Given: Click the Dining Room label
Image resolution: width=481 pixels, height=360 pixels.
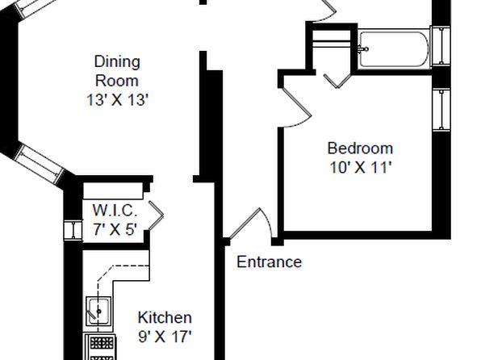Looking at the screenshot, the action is (x=117, y=71).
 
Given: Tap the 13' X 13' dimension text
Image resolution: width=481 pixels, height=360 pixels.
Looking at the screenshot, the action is (x=118, y=100).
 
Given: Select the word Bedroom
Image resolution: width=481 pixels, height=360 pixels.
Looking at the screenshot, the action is (x=360, y=149).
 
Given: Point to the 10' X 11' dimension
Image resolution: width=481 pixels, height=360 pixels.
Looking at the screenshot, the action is (x=361, y=167).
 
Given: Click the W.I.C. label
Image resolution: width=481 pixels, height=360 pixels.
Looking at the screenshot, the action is (x=115, y=210).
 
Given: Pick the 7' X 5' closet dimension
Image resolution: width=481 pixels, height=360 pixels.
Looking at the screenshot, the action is (x=115, y=229).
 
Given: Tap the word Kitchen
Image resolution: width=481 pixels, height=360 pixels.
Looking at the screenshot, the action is (x=165, y=317).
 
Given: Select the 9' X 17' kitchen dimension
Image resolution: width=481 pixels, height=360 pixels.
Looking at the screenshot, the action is (x=165, y=337).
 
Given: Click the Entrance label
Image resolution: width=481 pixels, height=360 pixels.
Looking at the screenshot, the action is (x=269, y=262).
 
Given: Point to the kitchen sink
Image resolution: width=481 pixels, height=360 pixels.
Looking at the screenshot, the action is (x=98, y=312).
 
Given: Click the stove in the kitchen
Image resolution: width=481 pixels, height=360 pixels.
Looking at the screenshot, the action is (x=100, y=347).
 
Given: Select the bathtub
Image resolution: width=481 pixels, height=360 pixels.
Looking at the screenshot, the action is (x=394, y=49).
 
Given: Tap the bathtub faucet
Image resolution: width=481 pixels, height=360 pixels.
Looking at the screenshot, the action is (x=363, y=49).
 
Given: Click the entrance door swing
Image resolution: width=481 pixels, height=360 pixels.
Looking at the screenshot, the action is (x=251, y=224).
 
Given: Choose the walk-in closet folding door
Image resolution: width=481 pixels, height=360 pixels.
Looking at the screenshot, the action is (x=157, y=216).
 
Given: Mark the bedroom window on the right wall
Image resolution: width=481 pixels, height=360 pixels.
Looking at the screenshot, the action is (x=441, y=110).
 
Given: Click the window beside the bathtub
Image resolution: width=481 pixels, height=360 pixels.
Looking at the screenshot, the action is (x=441, y=46).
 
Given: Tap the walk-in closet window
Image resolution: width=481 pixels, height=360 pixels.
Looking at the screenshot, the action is (x=73, y=230).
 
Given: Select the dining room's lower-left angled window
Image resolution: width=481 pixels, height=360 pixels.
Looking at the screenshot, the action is (x=39, y=164).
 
